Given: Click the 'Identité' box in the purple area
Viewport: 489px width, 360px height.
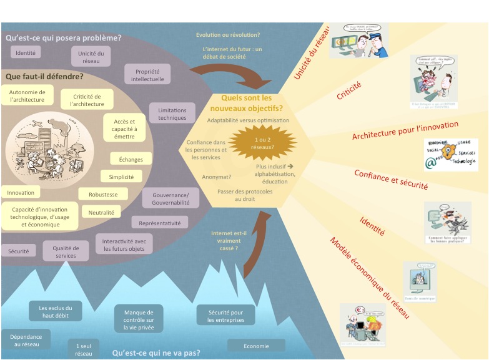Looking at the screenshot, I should click(26, 52).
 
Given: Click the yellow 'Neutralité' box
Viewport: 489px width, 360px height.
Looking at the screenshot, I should click(101, 213).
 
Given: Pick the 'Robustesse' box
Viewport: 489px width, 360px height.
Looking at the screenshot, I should click(103, 195).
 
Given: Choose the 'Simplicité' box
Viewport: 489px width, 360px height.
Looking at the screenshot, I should click(121, 177).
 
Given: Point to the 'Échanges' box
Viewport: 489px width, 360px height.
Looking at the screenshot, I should click(131, 159).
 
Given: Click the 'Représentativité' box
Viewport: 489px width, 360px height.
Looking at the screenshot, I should click(160, 223).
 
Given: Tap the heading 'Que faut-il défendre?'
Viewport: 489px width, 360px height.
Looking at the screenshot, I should click(44, 77).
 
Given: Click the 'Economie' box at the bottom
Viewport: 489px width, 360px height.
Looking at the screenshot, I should click(256, 345).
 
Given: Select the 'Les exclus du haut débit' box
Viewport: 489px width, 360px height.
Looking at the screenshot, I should click(56, 311).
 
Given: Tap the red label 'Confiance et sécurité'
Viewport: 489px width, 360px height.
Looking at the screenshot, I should click(391, 180).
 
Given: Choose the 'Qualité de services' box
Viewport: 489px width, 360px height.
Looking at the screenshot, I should click(65, 251).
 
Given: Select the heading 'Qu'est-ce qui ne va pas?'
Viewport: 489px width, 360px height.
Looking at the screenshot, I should click(156, 353).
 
